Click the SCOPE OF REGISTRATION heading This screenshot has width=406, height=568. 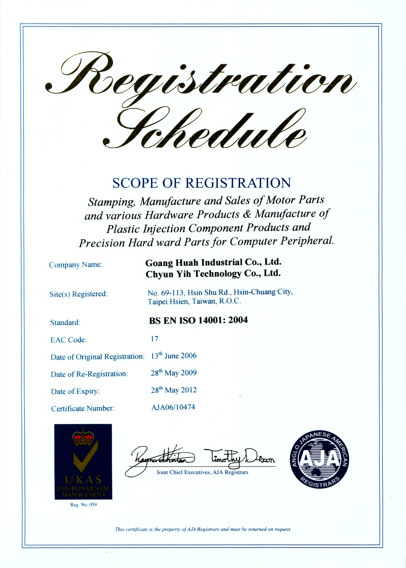click(x=202, y=183)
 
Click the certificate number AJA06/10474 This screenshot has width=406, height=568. click(x=173, y=407)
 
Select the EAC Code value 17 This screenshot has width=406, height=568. click(x=154, y=339)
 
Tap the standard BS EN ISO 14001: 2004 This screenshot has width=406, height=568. click(x=198, y=320)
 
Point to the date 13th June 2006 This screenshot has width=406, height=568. click(x=174, y=356)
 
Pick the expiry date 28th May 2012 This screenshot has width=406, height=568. click(x=174, y=390)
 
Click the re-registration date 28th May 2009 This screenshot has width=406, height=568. click(x=174, y=373)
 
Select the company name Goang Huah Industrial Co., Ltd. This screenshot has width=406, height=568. click(x=213, y=262)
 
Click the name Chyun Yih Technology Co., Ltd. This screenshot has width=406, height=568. click(x=213, y=274)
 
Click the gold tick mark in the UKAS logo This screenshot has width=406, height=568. click(x=85, y=458)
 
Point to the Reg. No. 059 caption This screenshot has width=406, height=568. click(x=83, y=505)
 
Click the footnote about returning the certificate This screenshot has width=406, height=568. click(x=203, y=529)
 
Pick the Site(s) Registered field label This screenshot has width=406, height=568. click(x=78, y=294)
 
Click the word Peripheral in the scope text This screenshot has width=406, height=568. click(x=307, y=241)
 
